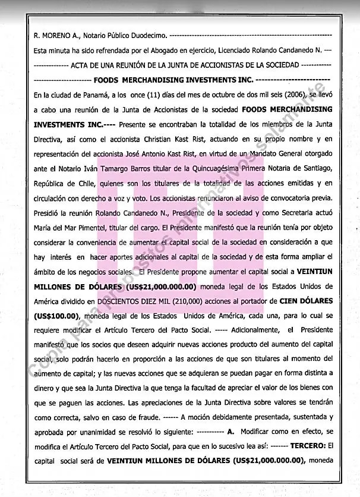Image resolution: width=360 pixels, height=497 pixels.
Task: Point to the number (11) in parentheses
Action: point(135,95)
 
